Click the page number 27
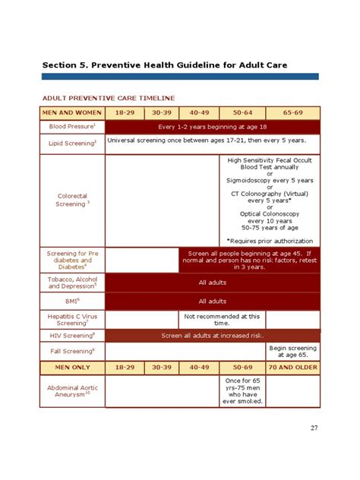(314, 428)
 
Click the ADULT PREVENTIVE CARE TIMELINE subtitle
(108, 98)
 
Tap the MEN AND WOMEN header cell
(72, 112)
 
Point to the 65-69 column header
(292, 112)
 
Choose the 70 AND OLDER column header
(292, 368)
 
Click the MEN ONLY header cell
(72, 368)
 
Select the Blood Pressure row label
(72, 127)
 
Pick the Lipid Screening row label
(72, 144)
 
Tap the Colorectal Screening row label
(72, 201)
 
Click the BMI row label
(72, 302)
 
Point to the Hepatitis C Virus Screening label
(72, 319)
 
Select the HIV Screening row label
(72, 336)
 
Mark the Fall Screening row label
(72, 352)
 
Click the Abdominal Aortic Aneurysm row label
(72, 390)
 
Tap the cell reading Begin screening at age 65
(292, 351)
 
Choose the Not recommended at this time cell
(222, 319)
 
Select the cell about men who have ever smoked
(242, 390)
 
